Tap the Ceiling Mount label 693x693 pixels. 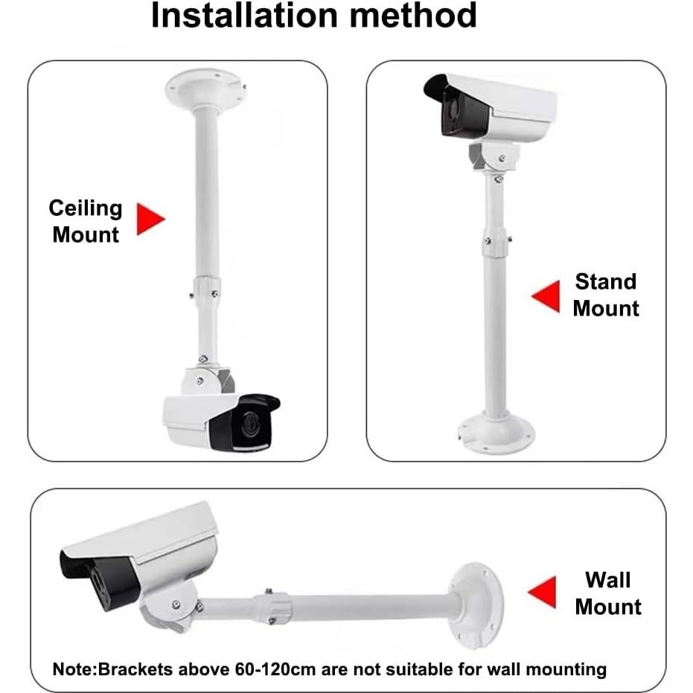click(86, 221)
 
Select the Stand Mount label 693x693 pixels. click(606, 295)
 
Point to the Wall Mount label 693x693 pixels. click(607, 593)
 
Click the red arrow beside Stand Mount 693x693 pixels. click(546, 296)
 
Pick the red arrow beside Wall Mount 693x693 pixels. click(543, 592)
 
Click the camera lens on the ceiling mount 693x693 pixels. click(247, 427)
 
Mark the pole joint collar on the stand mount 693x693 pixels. click(495, 243)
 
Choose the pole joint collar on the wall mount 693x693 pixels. click(272, 606)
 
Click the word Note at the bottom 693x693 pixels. click(71, 669)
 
